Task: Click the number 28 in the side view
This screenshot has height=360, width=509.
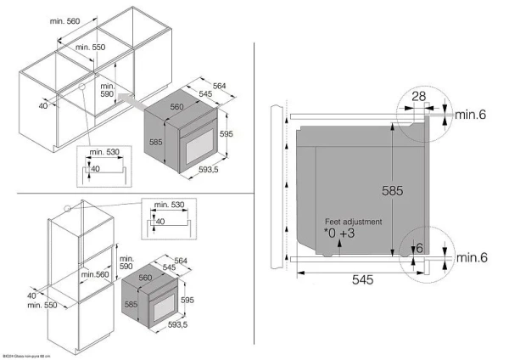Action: [x=418, y=97]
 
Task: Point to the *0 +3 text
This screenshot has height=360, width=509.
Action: [x=341, y=232]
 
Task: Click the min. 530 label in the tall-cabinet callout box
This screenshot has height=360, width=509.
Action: [x=163, y=205]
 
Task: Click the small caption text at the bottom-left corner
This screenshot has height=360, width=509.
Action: [x=25, y=356]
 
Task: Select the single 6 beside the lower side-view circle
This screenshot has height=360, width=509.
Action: [x=419, y=247]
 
